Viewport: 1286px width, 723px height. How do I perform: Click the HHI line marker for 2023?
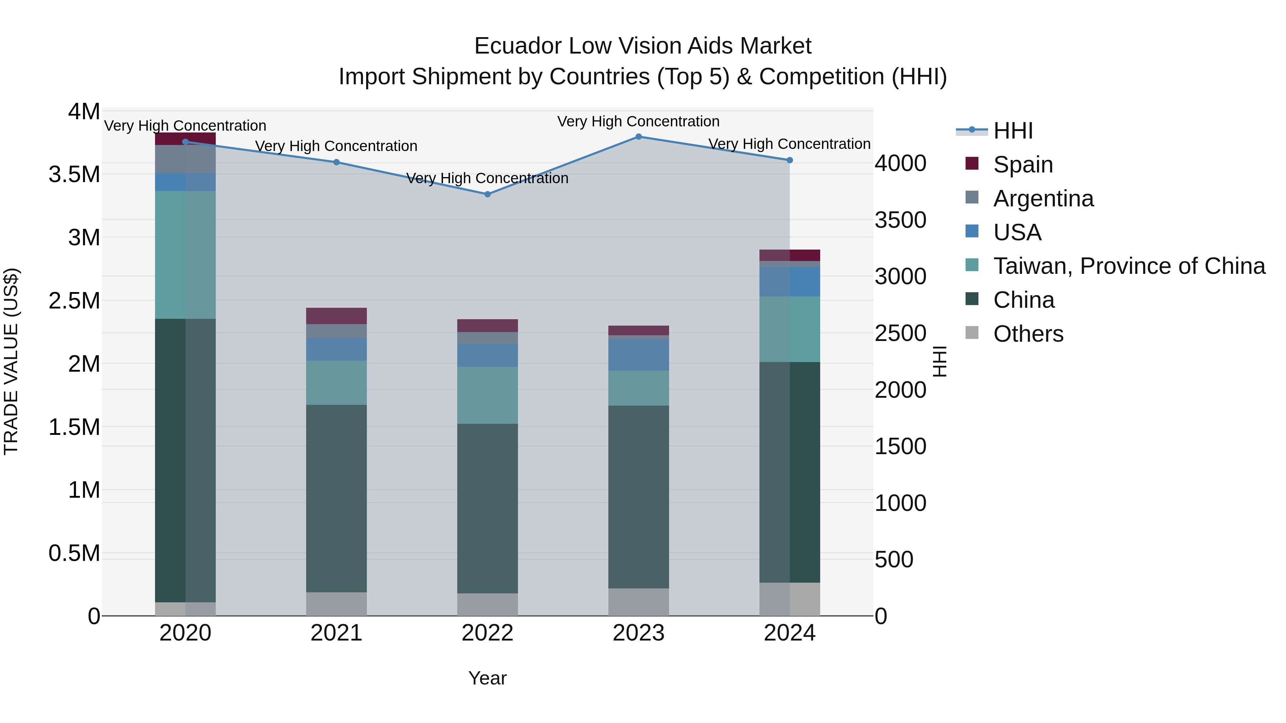point(638,137)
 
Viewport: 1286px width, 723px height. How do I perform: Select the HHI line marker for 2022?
point(488,194)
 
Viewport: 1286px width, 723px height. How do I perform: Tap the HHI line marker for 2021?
point(337,162)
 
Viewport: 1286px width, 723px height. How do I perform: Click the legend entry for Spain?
point(1022,165)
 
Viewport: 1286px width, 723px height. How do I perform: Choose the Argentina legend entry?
point(1043,199)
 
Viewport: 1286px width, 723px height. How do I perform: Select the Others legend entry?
point(1028,334)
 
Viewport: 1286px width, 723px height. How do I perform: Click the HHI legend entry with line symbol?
point(1012,131)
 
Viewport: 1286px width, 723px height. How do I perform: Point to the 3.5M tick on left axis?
point(74,175)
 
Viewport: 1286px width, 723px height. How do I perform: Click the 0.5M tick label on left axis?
point(74,553)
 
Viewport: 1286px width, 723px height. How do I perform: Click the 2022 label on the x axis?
point(488,633)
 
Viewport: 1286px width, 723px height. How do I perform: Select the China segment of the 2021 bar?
point(337,499)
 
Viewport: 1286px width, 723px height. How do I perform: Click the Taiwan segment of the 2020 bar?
point(185,255)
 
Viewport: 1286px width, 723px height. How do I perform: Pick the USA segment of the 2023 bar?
point(638,355)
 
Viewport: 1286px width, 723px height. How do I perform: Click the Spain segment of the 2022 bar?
point(488,325)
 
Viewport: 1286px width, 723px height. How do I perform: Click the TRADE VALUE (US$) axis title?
point(11,361)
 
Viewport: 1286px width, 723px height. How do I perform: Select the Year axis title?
point(488,678)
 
